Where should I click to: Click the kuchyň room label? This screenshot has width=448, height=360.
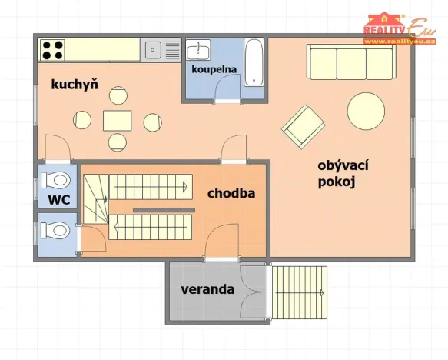[75, 85]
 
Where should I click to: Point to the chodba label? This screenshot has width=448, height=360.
[231, 194]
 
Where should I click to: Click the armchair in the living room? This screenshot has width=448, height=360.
[303, 125]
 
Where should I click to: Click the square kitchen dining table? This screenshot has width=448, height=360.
[118, 119]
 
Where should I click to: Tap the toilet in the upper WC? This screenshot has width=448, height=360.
[55, 181]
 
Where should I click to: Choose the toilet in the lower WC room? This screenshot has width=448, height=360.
[55, 229]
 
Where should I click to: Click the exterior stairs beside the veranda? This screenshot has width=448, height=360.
[300, 292]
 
